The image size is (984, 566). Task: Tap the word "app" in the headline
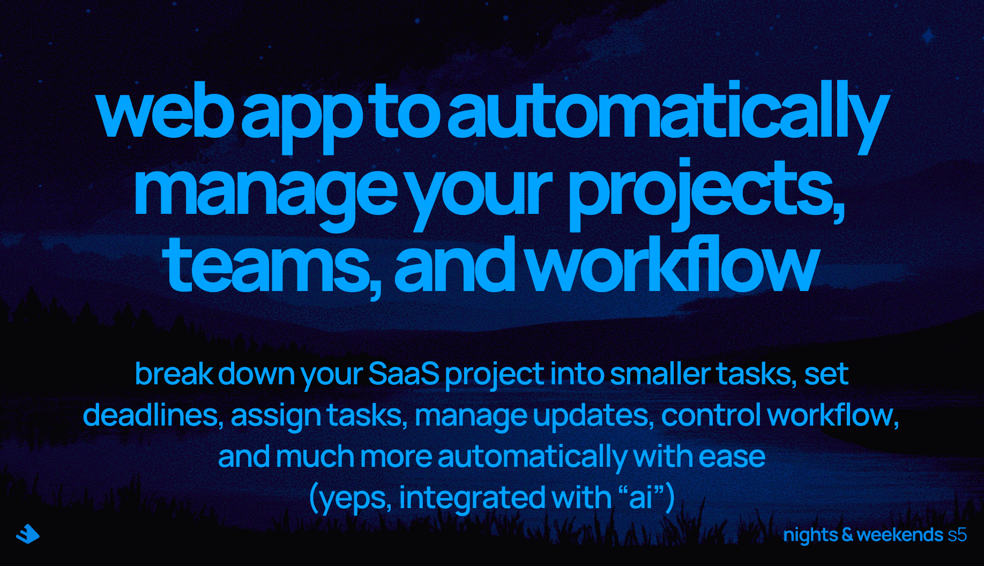click(302, 118)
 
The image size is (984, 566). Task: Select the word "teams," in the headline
click(272, 268)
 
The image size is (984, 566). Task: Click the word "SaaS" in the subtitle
click(404, 374)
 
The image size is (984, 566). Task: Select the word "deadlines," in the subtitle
click(153, 415)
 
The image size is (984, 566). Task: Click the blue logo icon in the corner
click(28, 534)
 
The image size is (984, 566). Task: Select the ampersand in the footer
click(847, 534)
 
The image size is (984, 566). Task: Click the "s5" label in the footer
click(957, 534)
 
